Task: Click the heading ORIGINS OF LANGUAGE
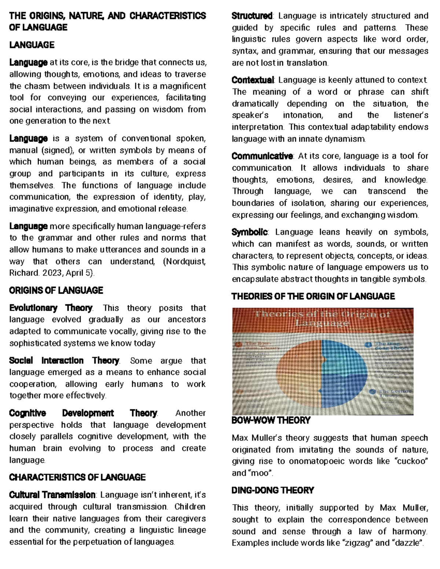[x=56, y=291]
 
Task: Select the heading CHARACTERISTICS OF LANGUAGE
[x=77, y=477]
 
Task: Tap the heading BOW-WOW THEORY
[x=271, y=420]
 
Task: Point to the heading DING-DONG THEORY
[x=273, y=490]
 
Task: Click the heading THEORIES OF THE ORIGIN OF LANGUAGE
[x=313, y=296]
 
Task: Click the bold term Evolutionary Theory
[x=51, y=308]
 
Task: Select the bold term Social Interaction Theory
[x=64, y=361]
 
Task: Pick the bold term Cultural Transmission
[x=52, y=495]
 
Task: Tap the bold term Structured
[x=252, y=16]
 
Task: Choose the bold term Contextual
[x=253, y=80]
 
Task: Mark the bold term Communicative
[x=262, y=156]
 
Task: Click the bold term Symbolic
[x=250, y=232]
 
